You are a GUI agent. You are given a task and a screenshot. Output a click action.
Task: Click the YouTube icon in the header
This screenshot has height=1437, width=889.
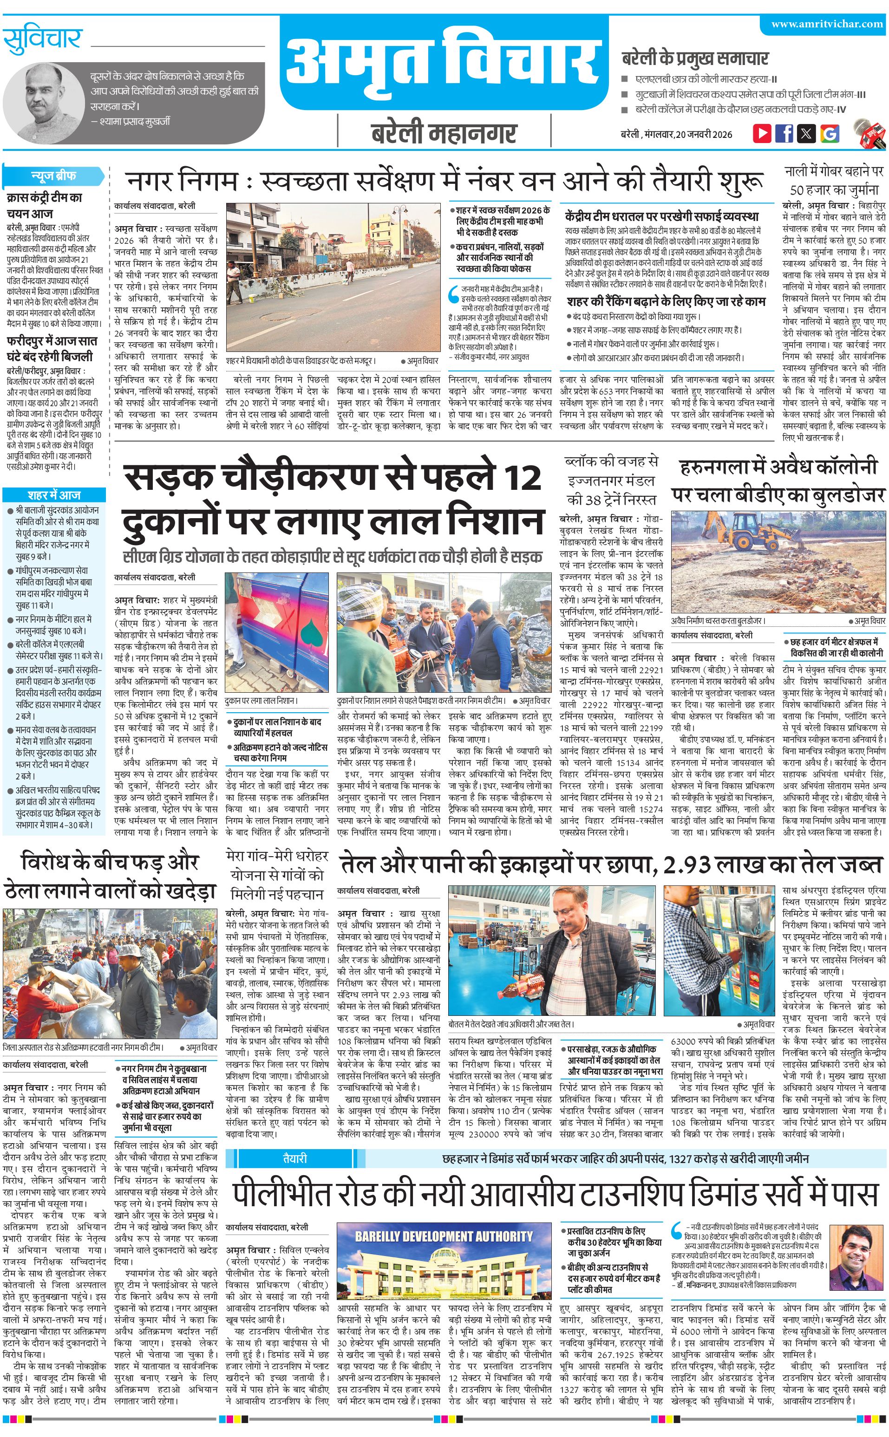click(x=762, y=133)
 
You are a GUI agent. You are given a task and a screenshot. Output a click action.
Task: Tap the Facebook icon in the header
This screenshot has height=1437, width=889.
click(x=784, y=133)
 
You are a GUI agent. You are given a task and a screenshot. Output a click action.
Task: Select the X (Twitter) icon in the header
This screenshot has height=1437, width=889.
click(x=807, y=133)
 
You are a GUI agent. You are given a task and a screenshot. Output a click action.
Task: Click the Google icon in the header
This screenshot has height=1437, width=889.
click(x=830, y=133)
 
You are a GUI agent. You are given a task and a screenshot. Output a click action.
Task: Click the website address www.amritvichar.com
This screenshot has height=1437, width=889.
click(x=827, y=24)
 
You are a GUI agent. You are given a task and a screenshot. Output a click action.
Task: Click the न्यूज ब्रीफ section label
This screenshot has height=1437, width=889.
click(x=53, y=176)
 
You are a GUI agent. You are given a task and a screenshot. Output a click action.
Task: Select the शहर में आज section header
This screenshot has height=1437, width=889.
click(x=54, y=495)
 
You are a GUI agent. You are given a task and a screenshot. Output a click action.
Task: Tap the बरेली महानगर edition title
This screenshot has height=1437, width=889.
click(x=444, y=133)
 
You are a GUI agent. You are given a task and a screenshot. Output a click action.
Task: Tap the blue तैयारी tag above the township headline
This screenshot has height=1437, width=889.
click(x=294, y=1142)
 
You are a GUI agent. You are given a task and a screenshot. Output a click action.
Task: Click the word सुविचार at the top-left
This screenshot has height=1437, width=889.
click(x=42, y=39)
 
